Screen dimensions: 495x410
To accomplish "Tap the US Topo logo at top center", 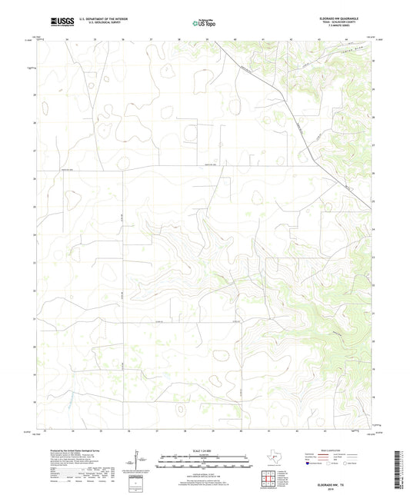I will (205, 23).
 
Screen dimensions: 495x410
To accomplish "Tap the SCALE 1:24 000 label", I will (204, 450).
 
